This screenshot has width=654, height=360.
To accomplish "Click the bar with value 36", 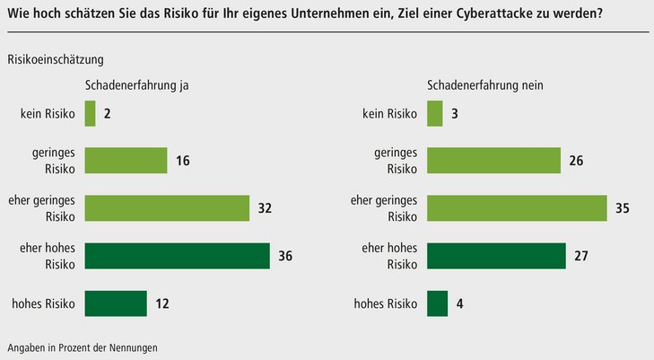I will point(178,256).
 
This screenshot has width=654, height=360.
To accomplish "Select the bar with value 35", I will point(517,208).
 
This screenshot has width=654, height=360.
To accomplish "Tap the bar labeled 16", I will point(126,161).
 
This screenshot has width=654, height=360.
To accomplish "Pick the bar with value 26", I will point(494,161).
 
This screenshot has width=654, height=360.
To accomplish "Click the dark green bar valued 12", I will point(116,303).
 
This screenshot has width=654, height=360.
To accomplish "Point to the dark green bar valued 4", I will point(438,303).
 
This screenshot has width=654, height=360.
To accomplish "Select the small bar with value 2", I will point(90,113).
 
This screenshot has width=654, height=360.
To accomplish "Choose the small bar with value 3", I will point(435,113).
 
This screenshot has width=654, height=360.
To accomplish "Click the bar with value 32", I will point(167,208).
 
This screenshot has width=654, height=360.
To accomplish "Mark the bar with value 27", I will point(496,256).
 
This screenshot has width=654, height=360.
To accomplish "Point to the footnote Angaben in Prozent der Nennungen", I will point(88,347).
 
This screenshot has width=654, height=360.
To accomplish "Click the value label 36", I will point(286,256).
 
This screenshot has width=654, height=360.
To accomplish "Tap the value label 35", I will point(623,208).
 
